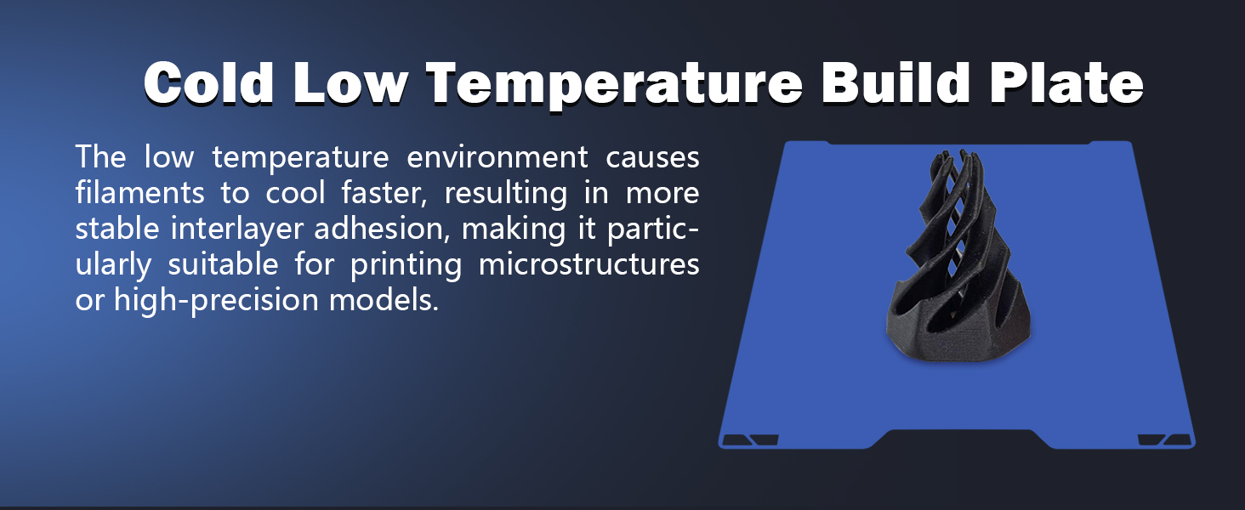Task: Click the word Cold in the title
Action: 209,82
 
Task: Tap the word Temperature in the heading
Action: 614,86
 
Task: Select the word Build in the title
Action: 895,82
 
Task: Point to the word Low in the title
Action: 350,82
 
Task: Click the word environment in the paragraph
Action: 497,157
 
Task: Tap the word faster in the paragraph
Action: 384,193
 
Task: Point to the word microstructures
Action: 588,264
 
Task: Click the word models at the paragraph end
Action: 384,300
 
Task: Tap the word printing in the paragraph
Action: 406,265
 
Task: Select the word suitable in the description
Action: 223,263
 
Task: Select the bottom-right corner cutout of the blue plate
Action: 1165,440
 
